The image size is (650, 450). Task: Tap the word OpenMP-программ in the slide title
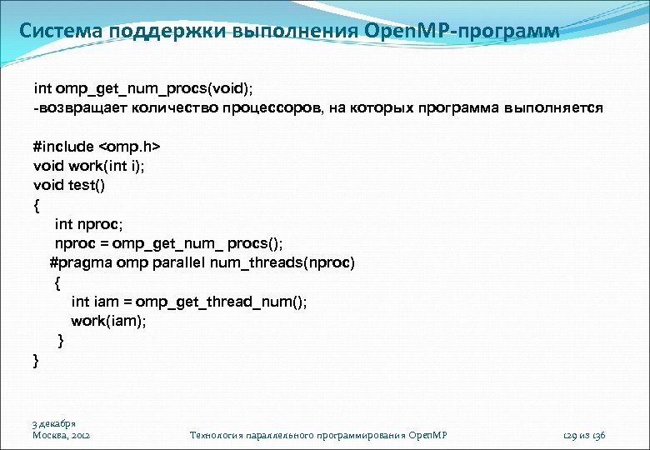(x=462, y=32)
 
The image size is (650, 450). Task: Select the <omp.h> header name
(x=135, y=147)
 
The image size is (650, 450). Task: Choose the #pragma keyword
(x=79, y=263)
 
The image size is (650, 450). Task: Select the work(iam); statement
(x=108, y=321)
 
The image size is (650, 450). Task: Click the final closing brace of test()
(x=36, y=360)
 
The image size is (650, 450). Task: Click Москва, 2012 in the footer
(x=62, y=435)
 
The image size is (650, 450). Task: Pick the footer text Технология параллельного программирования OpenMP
(x=319, y=435)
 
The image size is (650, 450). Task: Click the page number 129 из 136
(x=584, y=435)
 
